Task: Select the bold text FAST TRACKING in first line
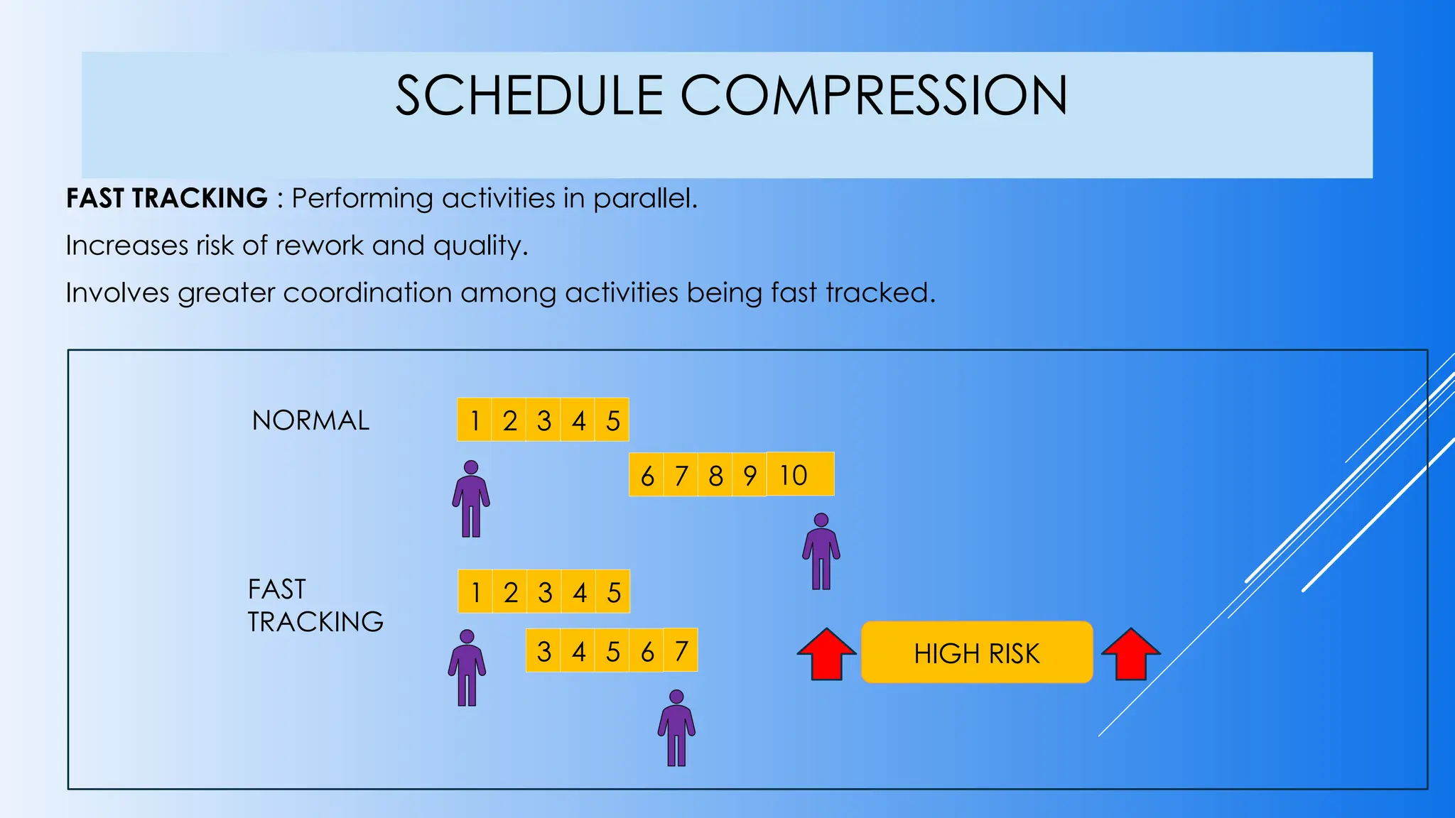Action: click(167, 198)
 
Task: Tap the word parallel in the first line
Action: click(644, 198)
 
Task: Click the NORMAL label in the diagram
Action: click(310, 420)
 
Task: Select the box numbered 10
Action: click(800, 474)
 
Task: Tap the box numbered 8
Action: click(715, 475)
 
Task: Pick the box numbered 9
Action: click(750, 475)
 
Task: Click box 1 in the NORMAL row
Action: click(475, 420)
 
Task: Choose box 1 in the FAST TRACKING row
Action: click(475, 591)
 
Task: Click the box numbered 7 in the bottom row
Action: click(681, 650)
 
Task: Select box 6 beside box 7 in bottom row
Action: click(647, 650)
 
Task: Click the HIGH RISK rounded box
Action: click(977, 653)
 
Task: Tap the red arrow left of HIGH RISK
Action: click(826, 655)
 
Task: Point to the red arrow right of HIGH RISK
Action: click(1131, 655)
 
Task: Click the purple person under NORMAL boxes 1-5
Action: click(471, 499)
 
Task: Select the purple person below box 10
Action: click(821, 552)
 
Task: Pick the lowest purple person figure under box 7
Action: click(676, 729)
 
